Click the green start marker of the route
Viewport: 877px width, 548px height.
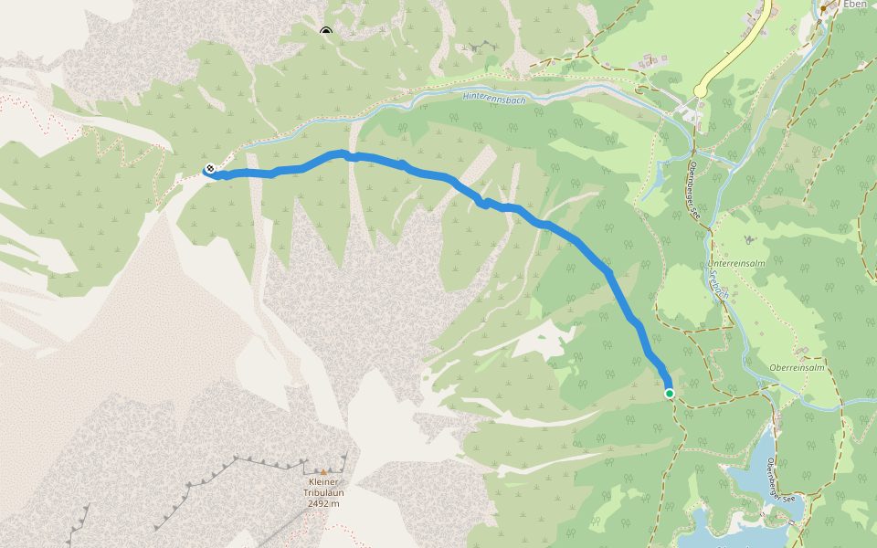click(670, 394)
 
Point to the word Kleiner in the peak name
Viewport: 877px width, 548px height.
click(323, 482)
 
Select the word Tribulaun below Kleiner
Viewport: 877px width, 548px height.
click(323, 492)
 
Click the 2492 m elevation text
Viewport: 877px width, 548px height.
click(323, 502)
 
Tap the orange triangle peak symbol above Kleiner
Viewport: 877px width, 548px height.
click(322, 472)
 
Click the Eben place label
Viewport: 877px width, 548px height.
click(855, 5)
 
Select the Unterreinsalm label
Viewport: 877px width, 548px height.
click(736, 263)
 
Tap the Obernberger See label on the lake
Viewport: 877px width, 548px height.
click(784, 479)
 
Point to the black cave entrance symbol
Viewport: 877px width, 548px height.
click(326, 32)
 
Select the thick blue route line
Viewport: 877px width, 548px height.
click(548, 225)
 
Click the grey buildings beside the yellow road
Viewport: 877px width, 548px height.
click(757, 19)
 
